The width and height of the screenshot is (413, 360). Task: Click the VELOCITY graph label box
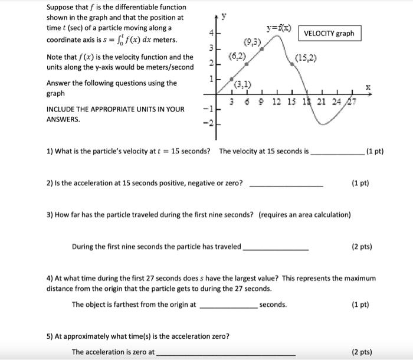click(x=329, y=34)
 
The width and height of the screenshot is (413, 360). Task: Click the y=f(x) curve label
click(x=278, y=27)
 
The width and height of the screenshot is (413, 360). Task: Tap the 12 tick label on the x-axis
click(x=277, y=102)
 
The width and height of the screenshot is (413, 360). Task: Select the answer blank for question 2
click(x=286, y=185)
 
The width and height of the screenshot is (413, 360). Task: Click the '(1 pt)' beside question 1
click(x=375, y=151)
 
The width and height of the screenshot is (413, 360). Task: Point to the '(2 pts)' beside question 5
click(x=361, y=352)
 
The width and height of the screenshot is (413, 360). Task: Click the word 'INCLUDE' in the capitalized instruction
click(x=61, y=109)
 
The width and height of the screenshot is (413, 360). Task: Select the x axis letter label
click(x=368, y=86)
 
